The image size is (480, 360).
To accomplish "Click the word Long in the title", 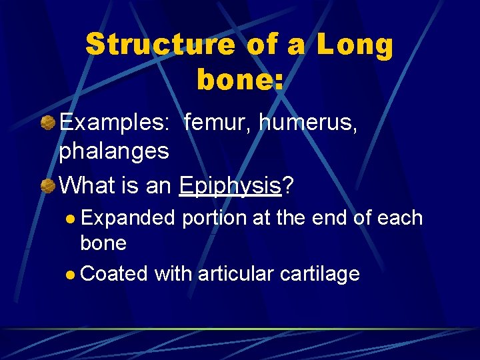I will tap(355, 45).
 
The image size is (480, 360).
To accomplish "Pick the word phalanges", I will tap(114, 151).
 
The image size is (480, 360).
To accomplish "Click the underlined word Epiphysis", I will tap(230, 185).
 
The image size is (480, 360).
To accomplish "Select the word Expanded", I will tap(128, 218).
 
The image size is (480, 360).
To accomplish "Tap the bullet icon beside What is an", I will tap(47, 185).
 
